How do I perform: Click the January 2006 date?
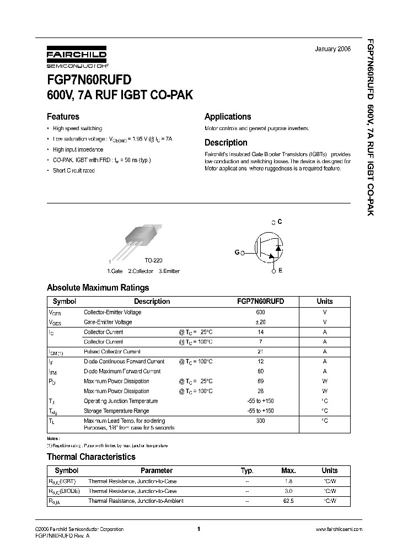point(332,49)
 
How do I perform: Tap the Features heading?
point(63,116)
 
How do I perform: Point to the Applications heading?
point(228,116)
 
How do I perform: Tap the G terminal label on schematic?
point(237,252)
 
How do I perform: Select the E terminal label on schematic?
point(280,270)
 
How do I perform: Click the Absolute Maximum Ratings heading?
point(98,287)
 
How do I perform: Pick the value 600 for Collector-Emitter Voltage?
point(261,312)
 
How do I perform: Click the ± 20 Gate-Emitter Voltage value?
point(261,322)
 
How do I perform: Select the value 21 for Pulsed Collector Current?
point(261,352)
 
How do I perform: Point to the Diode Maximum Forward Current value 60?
point(261,372)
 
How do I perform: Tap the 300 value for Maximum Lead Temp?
point(261,421)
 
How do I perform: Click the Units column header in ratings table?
point(325,302)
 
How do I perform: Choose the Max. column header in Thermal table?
point(288,471)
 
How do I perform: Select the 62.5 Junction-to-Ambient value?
point(288,501)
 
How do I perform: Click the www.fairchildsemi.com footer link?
point(339,529)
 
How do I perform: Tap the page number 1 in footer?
point(198,529)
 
